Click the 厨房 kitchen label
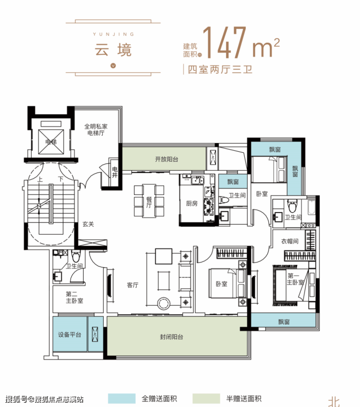point(192,203)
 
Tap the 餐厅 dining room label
point(149,202)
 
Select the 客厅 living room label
point(132,285)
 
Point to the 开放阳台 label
point(166,159)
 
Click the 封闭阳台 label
point(171,337)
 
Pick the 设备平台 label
point(70,335)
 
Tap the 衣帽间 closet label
point(289,241)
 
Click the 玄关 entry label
point(88,224)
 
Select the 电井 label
point(115,172)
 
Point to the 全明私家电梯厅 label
point(95,129)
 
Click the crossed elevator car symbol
point(51,142)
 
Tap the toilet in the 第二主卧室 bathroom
point(76,256)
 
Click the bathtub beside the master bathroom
point(311,207)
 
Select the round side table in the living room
point(163,303)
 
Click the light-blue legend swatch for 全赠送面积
point(122,398)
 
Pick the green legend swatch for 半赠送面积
point(206,398)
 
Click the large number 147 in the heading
point(224,42)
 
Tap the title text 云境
point(113,50)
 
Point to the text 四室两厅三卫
point(220,70)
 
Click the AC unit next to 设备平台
point(95,335)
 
